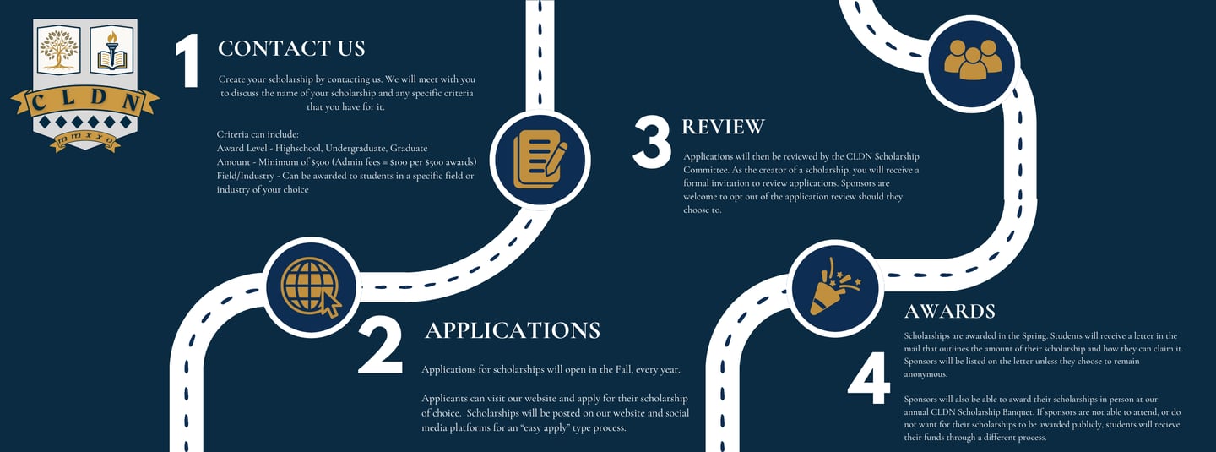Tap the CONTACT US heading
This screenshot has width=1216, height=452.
(x=291, y=48)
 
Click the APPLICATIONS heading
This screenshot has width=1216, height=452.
(x=513, y=329)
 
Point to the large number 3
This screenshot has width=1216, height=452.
(x=651, y=141)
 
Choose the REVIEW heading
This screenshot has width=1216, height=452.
(x=723, y=127)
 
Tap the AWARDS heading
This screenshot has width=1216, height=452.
(x=949, y=311)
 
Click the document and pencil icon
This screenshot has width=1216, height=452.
(x=539, y=159)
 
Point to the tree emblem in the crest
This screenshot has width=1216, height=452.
(x=59, y=50)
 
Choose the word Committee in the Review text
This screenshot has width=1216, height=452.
(x=706, y=170)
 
